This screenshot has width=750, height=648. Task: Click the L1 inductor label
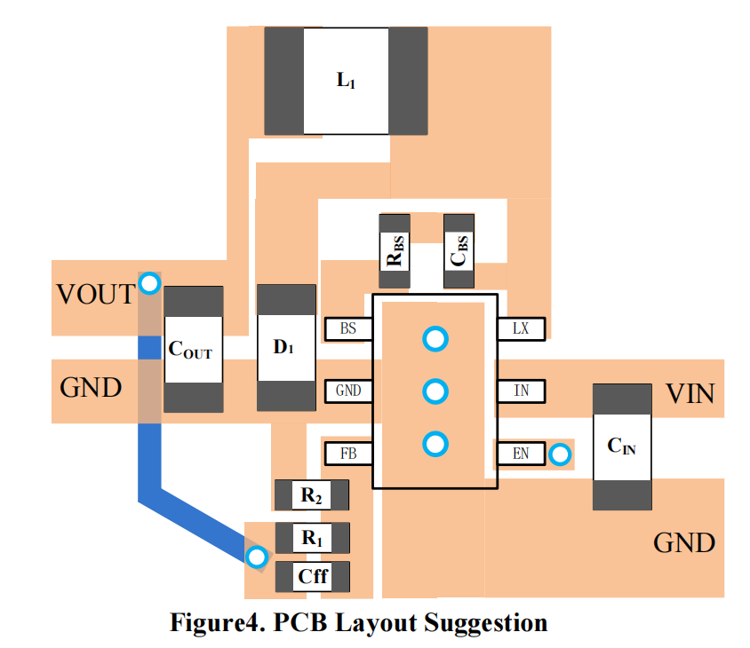click(346, 81)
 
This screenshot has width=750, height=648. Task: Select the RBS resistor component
click(395, 250)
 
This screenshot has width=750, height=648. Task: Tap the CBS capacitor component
click(459, 250)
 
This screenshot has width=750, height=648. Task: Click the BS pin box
click(348, 328)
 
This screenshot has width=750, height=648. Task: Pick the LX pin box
click(521, 328)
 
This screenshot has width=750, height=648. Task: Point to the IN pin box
click(521, 391)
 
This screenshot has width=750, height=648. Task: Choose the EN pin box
click(521, 454)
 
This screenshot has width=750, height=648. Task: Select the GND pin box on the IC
click(348, 391)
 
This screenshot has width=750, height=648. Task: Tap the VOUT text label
click(95, 294)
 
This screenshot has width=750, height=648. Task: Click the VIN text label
click(690, 393)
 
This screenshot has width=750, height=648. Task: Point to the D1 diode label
click(284, 348)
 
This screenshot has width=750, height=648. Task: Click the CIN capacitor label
click(621, 446)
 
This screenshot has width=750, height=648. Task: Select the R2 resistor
click(311, 495)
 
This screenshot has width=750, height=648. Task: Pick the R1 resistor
click(311, 537)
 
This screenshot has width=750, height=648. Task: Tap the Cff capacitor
click(312, 577)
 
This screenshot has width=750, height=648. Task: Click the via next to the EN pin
click(559, 455)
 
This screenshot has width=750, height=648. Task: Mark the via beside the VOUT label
click(149, 284)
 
